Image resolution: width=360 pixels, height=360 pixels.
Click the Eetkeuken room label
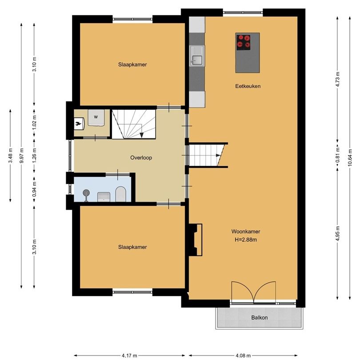(248, 86)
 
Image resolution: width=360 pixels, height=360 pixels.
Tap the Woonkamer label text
(245, 232)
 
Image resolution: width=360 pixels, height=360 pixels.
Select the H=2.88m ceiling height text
(245, 240)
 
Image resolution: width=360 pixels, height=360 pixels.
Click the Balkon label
(259, 317)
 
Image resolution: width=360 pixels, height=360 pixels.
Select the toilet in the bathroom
(120, 194)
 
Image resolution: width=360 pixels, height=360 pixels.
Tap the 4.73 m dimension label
(338, 80)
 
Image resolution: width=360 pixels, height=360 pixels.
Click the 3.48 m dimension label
(10, 155)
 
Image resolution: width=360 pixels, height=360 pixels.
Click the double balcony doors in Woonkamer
(253, 293)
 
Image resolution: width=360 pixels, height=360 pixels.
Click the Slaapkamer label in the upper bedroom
(132, 64)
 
